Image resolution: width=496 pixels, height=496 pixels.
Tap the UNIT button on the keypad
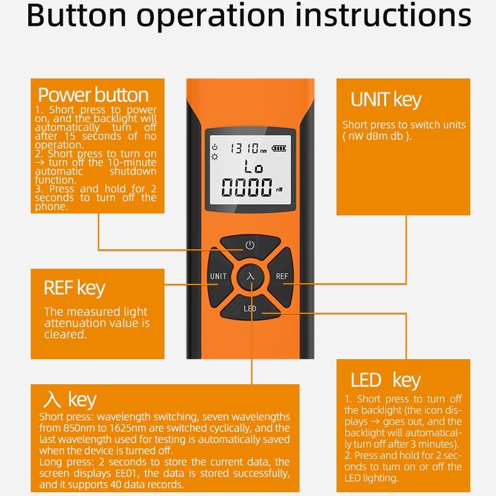[219, 276]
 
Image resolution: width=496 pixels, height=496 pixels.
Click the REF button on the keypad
[281, 276]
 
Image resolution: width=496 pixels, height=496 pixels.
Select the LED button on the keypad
[251, 308]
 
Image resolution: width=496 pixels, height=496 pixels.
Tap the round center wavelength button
[251, 276]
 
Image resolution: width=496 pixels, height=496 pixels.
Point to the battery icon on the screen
[279, 148]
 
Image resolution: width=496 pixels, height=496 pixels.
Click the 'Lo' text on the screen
[254, 166]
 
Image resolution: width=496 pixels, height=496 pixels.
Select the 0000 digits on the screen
[247, 187]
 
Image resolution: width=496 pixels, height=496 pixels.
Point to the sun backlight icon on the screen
[215, 157]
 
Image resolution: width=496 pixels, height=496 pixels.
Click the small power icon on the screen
[215, 147]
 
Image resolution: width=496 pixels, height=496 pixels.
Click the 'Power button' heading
[94, 95]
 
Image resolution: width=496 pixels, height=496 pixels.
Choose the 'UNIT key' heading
[386, 100]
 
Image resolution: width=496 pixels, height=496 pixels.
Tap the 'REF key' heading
[75, 288]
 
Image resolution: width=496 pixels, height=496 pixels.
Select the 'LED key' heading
[386, 380]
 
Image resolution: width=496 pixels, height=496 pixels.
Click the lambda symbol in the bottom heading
[52, 399]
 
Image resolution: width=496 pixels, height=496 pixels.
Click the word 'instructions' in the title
[383, 15]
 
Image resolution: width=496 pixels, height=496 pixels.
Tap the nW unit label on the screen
[279, 190]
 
